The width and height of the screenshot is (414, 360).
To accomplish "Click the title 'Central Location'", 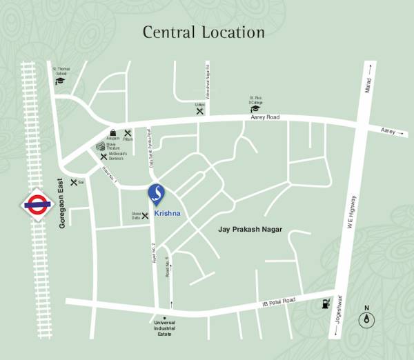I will pos(203,32).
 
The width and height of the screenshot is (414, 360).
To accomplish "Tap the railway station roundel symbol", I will pos(34,204).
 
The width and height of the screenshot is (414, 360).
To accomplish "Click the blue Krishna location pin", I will pos(157,194).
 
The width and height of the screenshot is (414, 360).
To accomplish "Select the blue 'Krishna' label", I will pos(168,214).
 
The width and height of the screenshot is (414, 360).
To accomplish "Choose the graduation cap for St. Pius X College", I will pos(255,108).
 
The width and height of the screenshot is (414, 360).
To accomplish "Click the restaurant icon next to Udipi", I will pos(199,110).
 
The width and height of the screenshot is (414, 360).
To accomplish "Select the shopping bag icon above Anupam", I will pos(112,132).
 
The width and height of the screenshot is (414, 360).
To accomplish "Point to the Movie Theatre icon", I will pos(101,146).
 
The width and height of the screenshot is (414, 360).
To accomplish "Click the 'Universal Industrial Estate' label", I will pos(164,330).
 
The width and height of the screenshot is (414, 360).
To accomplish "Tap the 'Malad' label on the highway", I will pos(368,87).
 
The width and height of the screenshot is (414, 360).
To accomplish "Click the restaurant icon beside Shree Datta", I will pos(145,216).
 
